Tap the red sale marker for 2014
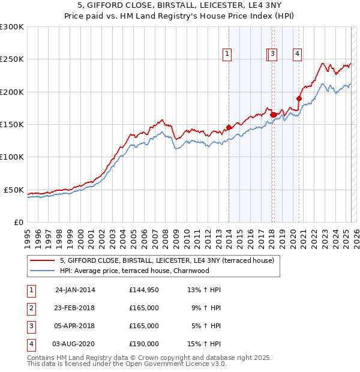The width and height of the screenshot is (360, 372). tap(229, 127)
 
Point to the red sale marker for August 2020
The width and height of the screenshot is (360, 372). tap(298, 98)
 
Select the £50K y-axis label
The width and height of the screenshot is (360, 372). tap(14, 190)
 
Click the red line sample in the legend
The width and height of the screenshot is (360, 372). tap(43, 260)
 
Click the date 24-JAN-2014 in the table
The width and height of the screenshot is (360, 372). tap(75, 290)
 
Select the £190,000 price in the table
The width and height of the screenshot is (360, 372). tap(143, 344)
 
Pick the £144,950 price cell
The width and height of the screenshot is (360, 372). tap(143, 290)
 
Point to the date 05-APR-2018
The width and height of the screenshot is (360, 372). tap(75, 326)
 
